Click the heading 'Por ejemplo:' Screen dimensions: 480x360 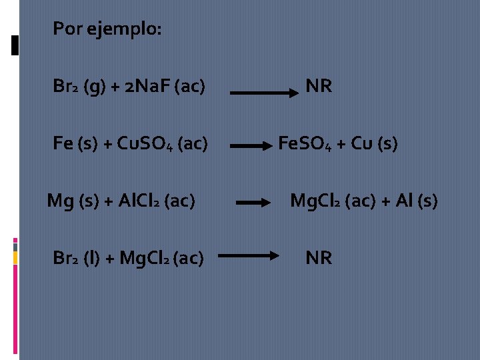click(107, 29)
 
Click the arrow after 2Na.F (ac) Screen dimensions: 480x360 click(265, 94)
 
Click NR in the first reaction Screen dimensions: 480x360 click(319, 86)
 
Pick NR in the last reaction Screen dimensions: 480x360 click(319, 258)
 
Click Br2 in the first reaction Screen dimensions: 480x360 click(67, 87)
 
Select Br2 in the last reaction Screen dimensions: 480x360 click(67, 259)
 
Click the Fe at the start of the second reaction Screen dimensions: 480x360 click(62, 144)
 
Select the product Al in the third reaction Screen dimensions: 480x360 click(404, 201)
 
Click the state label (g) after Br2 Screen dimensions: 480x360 click(94, 87)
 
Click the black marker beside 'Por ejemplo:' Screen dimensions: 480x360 click(15, 45)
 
